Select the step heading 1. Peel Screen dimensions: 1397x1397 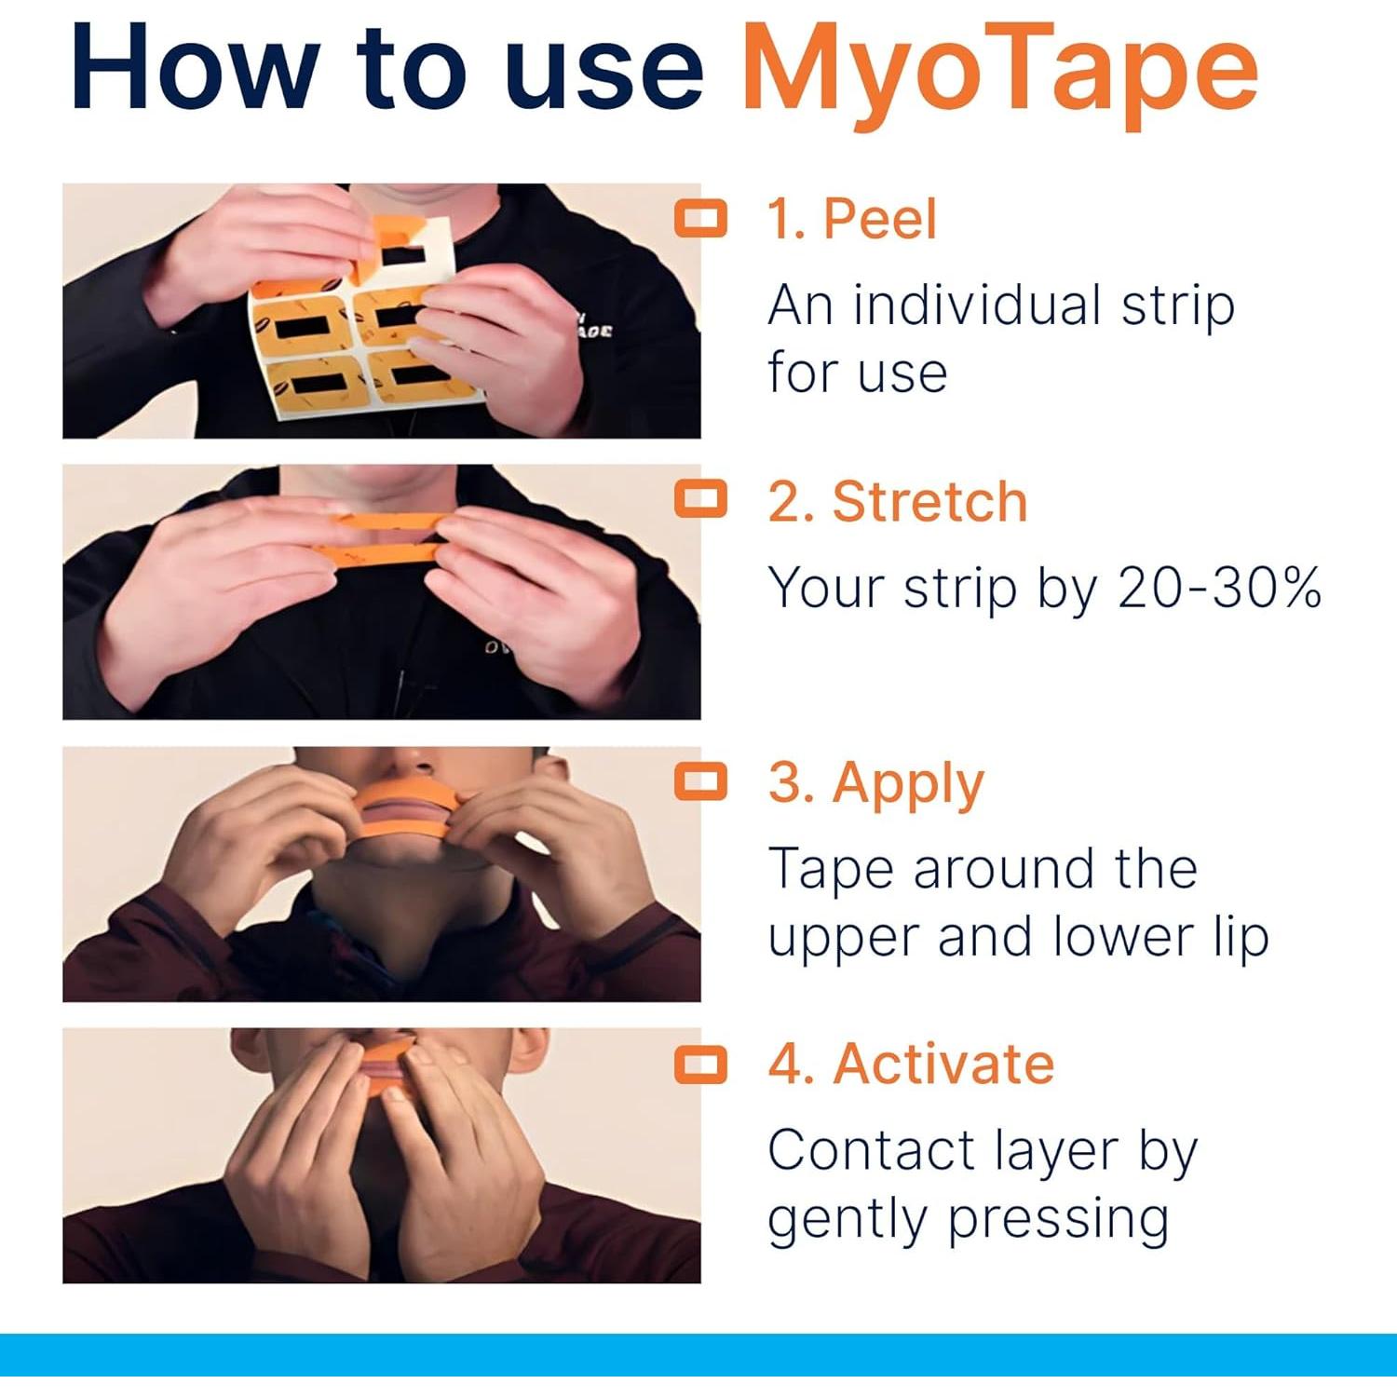pos(851,220)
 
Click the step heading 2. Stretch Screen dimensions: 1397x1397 pos(898,502)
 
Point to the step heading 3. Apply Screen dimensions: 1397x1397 pos(875,783)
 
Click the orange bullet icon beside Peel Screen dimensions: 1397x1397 pos(700,218)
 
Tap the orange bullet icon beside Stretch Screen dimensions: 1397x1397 pos(700,499)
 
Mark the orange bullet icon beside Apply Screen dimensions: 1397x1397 pos(700,781)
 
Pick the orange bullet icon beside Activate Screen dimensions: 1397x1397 pos(700,1064)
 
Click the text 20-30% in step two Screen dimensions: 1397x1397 pos(1219,589)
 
